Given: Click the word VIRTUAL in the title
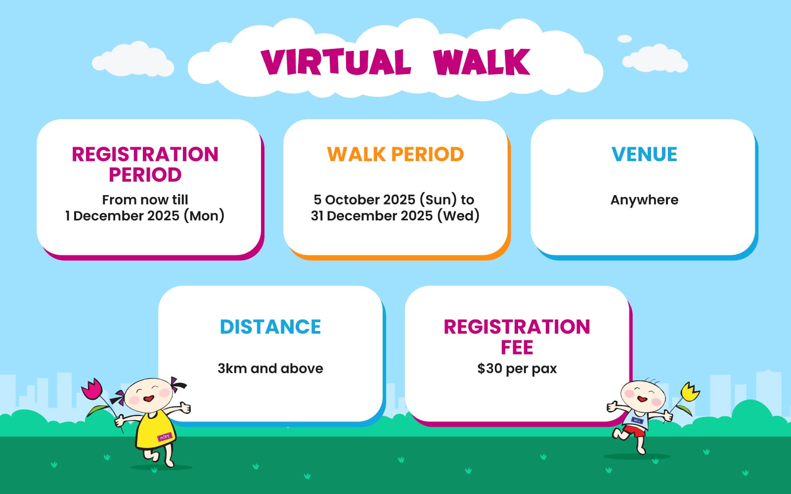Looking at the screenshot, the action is [x=336, y=62].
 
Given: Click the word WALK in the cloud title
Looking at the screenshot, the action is [x=482, y=62].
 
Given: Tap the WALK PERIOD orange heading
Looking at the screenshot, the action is [x=395, y=154].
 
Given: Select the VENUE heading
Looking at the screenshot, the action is [x=645, y=154].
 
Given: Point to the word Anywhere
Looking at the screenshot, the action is [x=645, y=200].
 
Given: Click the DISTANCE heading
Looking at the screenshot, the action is [x=270, y=327].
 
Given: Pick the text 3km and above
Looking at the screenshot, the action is [x=270, y=369].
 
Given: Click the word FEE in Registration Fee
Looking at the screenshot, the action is [x=517, y=348].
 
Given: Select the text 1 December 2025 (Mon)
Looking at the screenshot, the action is [x=145, y=216].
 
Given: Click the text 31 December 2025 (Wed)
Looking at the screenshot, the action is [x=395, y=216].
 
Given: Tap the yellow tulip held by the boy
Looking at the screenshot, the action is [x=690, y=392].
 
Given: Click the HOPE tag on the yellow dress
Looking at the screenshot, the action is [x=165, y=437].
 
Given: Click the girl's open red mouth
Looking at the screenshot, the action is [x=149, y=399].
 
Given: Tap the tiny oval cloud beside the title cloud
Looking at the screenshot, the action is [x=624, y=39].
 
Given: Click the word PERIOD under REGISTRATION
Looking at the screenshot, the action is [x=145, y=175].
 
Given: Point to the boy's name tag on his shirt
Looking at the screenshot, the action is [x=637, y=420].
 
